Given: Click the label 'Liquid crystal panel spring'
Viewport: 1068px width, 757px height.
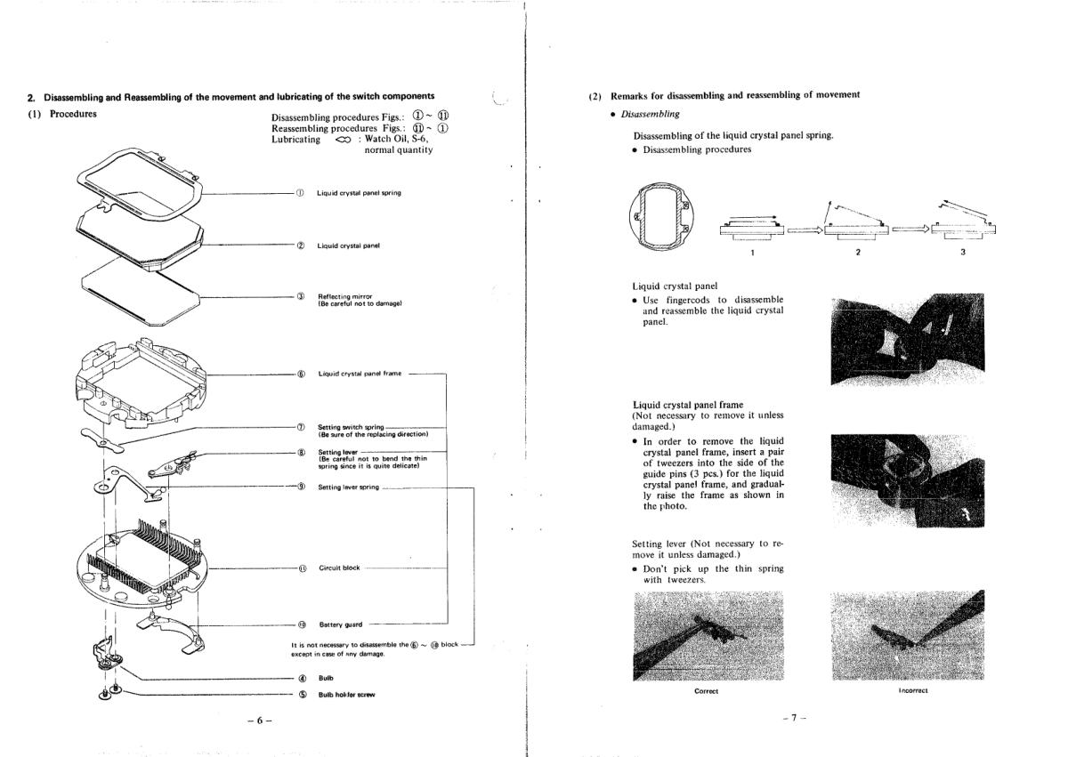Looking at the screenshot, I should pos(359,194).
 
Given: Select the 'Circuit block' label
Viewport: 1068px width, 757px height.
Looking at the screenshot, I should pos(339,568).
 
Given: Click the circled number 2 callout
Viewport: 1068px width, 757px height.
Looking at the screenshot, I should pos(302,246).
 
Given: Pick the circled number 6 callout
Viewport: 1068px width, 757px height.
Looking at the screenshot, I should pos(302,374).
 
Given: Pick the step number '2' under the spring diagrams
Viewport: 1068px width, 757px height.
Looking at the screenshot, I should pos(857,252).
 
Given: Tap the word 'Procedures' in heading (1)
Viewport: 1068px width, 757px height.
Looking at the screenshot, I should pos(74,114).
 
